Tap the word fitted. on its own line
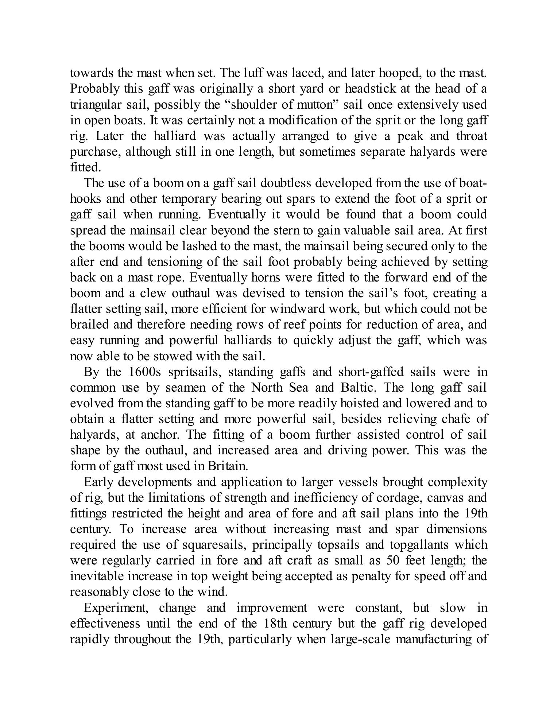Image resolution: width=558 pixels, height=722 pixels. (x=85, y=167)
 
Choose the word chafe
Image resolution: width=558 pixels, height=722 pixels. (x=456, y=419)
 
